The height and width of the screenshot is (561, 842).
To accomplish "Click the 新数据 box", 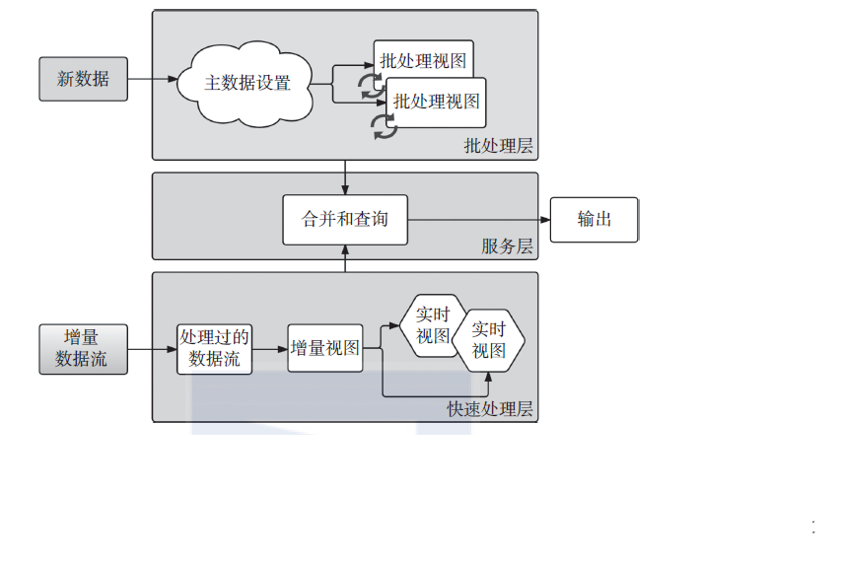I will [x=84, y=79].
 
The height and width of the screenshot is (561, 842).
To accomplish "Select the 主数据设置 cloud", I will [x=246, y=83].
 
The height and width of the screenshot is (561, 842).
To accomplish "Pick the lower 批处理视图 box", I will [x=437, y=100].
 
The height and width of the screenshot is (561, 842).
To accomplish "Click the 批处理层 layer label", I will [x=498, y=146].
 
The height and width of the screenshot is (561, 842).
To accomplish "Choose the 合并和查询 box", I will [x=344, y=219].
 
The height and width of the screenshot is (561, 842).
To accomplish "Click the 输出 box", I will [x=594, y=219].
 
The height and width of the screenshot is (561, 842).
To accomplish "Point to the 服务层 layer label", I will [x=507, y=246].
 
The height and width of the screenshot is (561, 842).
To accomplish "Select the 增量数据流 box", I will [x=84, y=348].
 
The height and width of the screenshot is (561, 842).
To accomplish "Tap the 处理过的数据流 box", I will [x=215, y=348].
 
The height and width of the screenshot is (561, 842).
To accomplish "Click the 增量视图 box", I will [x=324, y=348].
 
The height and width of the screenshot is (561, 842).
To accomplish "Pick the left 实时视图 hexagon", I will [x=431, y=325].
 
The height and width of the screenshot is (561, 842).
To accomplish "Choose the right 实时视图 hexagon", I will [x=488, y=341].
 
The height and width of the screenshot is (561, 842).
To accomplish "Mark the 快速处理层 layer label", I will [x=490, y=409].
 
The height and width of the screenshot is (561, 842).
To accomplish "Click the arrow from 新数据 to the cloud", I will [x=153, y=79].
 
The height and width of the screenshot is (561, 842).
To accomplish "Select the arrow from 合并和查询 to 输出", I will [x=478, y=219].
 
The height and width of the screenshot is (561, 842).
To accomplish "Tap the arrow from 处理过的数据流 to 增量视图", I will [x=270, y=348].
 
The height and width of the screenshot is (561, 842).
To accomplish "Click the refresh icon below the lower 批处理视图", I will [x=384, y=125].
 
